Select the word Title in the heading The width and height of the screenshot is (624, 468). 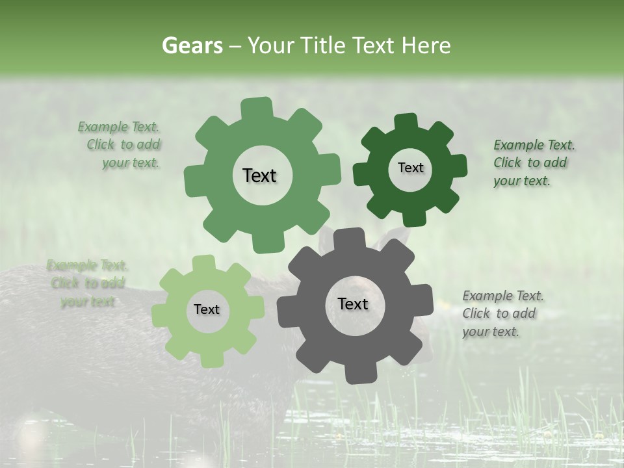(323, 45)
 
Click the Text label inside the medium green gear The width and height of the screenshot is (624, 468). (259, 175)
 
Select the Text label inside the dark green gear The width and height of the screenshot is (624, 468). (410, 168)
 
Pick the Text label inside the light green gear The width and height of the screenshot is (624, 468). (207, 310)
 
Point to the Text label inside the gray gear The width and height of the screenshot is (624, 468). (353, 304)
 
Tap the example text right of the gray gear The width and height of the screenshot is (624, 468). (502, 313)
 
